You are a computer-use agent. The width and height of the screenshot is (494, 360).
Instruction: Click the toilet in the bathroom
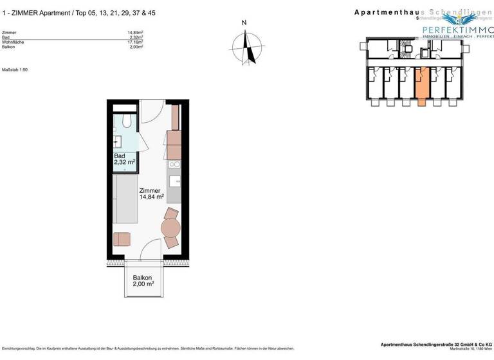(125, 121)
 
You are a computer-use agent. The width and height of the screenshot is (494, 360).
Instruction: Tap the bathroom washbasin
(118, 142)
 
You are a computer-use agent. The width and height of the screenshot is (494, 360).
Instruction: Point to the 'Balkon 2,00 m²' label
(143, 280)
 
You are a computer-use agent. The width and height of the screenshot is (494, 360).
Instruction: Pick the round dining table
(171, 228)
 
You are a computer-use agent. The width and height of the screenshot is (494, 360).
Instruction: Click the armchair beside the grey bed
(122, 239)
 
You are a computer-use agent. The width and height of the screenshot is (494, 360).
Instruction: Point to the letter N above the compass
(244, 23)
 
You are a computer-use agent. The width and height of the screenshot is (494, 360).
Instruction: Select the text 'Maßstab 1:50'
(15, 69)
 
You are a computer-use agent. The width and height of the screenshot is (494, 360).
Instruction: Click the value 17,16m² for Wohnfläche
(135, 42)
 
